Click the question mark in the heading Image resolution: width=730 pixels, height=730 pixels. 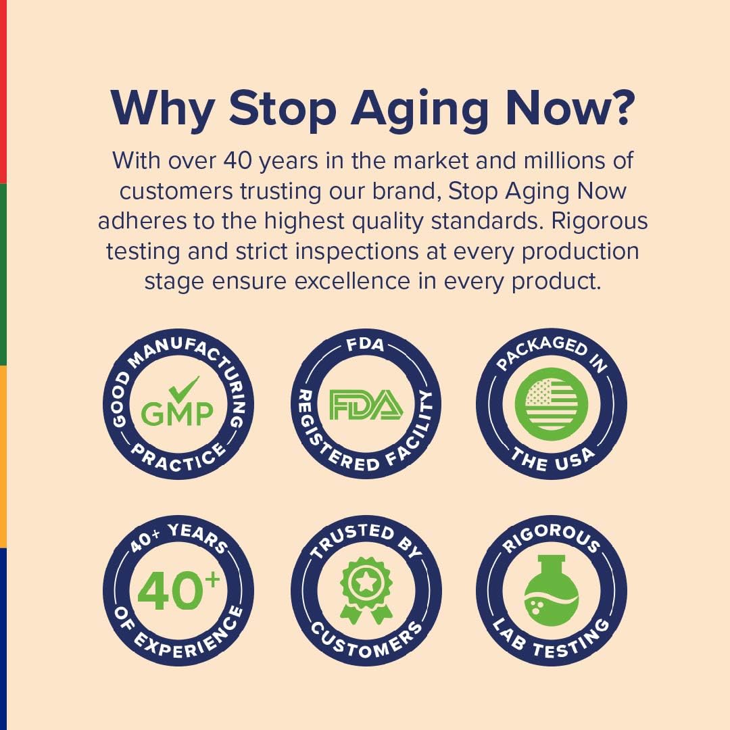[x=620, y=108]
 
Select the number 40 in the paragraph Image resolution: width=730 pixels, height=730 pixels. [x=237, y=161]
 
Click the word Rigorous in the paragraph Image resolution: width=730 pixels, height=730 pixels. [x=600, y=222]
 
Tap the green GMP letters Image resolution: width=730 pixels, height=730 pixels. [x=177, y=414]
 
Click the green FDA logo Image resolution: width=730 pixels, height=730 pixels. [x=366, y=405]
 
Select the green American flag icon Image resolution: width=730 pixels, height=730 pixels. [x=552, y=404]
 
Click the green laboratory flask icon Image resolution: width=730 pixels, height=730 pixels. [x=552, y=590]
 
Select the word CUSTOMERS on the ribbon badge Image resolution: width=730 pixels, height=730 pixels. [x=366, y=641]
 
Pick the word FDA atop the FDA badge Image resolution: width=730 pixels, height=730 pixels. [x=366, y=345]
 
